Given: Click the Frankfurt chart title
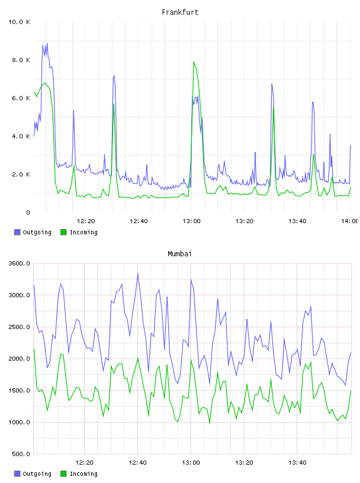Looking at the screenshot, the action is coord(180,12).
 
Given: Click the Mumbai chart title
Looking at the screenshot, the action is coord(179,254).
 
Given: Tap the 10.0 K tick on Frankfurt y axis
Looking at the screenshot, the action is coord(20,22).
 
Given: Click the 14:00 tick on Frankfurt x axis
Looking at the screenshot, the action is coord(349,221).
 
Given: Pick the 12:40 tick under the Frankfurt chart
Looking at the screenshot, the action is coord(139,221).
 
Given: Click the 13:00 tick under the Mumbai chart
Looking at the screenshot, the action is coord(191,462).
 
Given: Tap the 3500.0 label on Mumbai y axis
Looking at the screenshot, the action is coord(20,263).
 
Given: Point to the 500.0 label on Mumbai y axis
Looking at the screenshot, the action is coord(21,454).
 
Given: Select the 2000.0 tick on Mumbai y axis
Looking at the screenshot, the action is coord(20,359).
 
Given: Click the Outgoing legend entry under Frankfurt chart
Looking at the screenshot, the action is coord(33,232).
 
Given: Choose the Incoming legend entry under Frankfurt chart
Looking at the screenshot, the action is coord(79,232).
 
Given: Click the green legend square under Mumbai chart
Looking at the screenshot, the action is coord(63,474).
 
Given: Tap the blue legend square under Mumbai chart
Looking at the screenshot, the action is coord(17,474).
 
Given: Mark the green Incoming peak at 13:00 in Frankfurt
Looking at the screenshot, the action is coord(194,62).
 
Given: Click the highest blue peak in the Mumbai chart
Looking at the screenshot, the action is coord(138,273).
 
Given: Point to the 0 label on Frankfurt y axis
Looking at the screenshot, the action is coord(28,212).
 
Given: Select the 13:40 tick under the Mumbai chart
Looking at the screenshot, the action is coord(297,462).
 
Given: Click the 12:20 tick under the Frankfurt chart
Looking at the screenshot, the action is coord(86,221).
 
